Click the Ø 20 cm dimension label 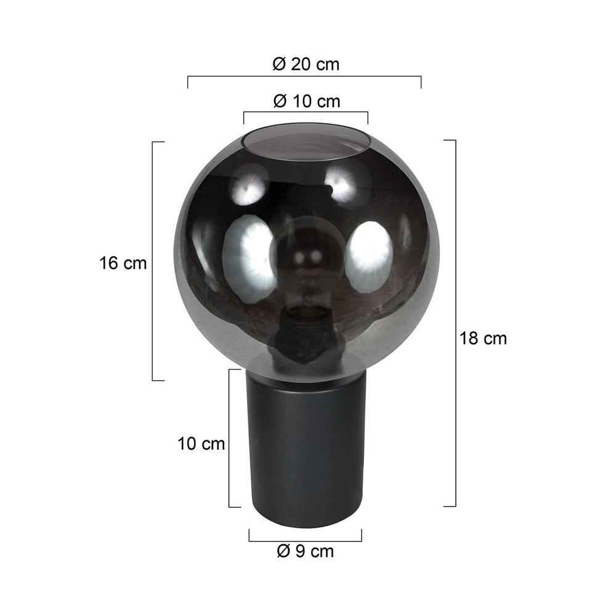tap(306, 64)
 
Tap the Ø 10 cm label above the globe tap(306, 101)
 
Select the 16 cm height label tap(123, 264)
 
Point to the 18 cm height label tap(484, 338)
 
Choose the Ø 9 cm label tap(306, 551)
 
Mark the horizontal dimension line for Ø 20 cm tap(304, 77)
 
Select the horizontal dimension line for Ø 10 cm tap(306, 113)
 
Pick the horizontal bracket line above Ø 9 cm tap(306, 541)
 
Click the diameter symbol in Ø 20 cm tap(278, 64)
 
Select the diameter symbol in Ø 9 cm tap(283, 551)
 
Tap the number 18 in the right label tap(469, 338)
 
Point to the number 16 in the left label tap(108, 264)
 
